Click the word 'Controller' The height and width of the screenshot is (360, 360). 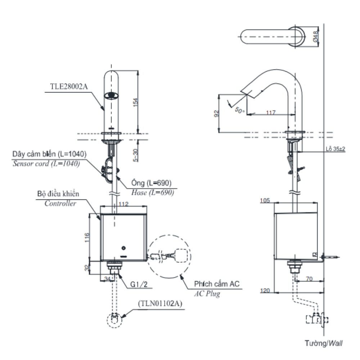(x=60, y=203)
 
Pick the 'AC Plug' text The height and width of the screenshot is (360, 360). (x=207, y=293)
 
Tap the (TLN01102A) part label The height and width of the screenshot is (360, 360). (x=160, y=303)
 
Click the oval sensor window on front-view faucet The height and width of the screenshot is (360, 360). (x=111, y=96)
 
